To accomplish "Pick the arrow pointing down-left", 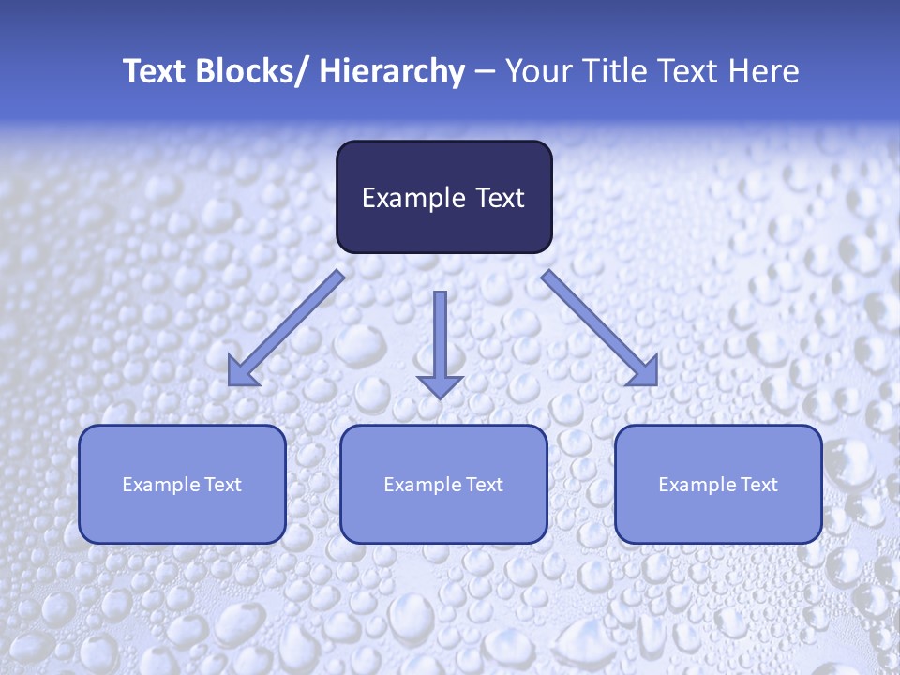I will [x=286, y=328].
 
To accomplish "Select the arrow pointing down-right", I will [x=600, y=328].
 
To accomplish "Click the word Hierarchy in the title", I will [x=392, y=71].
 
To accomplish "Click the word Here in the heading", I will [x=765, y=71].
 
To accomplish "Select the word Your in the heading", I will [x=538, y=71].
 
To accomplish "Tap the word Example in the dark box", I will [x=413, y=198].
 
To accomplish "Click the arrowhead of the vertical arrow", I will [x=440, y=386].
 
